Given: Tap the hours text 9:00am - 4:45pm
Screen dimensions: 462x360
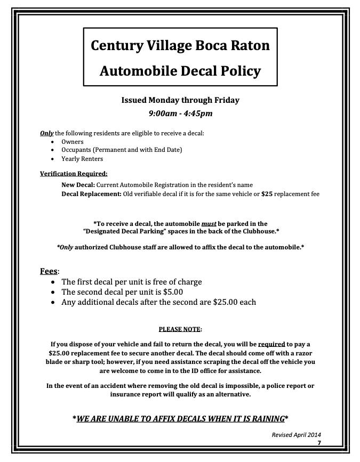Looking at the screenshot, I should click(180, 113).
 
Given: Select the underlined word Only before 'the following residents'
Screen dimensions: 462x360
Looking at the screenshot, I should click(46, 133).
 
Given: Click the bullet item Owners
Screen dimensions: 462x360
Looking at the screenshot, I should click(73, 142).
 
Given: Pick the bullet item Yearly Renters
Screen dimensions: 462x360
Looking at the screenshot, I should click(82, 159).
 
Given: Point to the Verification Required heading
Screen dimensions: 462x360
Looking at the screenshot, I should click(74, 174).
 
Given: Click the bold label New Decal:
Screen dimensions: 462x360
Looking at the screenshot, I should click(78, 185).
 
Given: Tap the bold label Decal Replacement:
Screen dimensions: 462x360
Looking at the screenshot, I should click(91, 194).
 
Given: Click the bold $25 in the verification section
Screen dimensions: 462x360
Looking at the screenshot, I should click(267, 194).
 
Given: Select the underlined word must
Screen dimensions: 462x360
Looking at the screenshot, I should click(209, 224).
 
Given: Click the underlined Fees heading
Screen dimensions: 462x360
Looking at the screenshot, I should click(49, 271).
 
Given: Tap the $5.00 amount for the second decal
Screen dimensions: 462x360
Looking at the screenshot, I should click(173, 292).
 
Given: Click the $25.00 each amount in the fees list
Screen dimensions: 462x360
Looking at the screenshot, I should click(234, 302).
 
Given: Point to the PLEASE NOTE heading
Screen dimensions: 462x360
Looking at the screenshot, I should click(180, 329).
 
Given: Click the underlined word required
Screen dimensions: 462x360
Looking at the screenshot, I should click(271, 344).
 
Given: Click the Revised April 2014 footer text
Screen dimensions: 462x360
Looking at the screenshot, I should click(297, 435).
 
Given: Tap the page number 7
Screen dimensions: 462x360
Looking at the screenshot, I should click(319, 443).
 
